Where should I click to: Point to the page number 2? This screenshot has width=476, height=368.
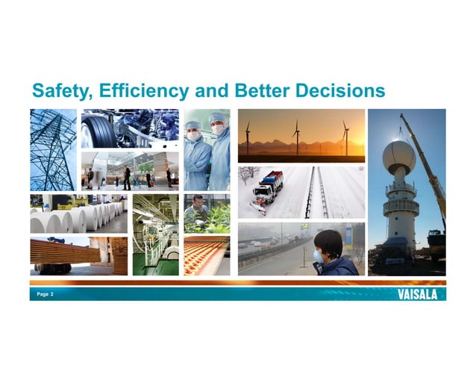[51, 295]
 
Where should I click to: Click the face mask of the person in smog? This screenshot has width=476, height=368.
[318, 256]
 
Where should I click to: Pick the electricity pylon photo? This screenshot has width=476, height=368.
[52, 150]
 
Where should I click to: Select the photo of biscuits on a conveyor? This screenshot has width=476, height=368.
[206, 255]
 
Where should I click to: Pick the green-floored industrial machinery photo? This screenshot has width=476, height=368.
[155, 235]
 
